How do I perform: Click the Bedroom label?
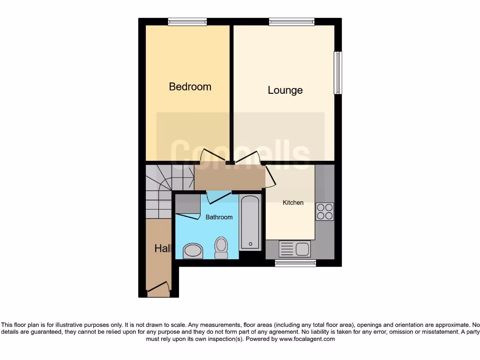[190, 87]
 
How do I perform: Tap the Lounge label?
[285, 90]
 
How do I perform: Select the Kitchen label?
[293, 202]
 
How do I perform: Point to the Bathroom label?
[219, 217]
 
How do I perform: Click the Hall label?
[163, 248]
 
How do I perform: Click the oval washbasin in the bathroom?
[192, 251]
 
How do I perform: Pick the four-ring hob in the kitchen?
[324, 211]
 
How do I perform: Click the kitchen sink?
[294, 249]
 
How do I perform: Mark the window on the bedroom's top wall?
[187, 22]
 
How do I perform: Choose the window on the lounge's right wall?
[337, 73]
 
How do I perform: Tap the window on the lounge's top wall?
[292, 22]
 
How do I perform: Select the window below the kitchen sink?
[295, 263]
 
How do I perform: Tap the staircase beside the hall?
[162, 187]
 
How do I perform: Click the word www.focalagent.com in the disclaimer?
[307, 339]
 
